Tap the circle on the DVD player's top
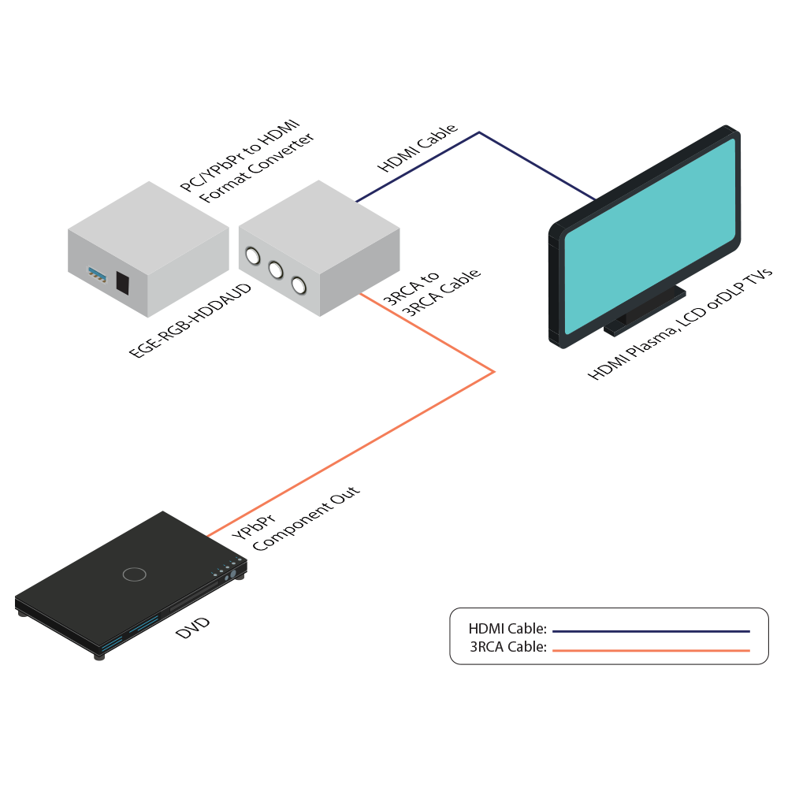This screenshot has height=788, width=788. pyautogui.click(x=135, y=574)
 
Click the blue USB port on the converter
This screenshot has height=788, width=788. pyautogui.click(x=98, y=275)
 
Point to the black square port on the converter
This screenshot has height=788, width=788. pyautogui.click(x=122, y=282)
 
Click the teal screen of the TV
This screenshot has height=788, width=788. pyautogui.click(x=651, y=236)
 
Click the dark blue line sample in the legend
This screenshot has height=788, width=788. pyautogui.click(x=651, y=630)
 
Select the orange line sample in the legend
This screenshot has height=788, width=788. pyautogui.click(x=651, y=650)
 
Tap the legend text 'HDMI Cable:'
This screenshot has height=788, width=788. pyautogui.click(x=507, y=629)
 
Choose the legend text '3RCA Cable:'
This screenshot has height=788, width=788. pyautogui.click(x=508, y=649)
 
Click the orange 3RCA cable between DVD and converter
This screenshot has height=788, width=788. pyautogui.click(x=355, y=449)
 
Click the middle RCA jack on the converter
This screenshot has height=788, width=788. pyautogui.click(x=276, y=270)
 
